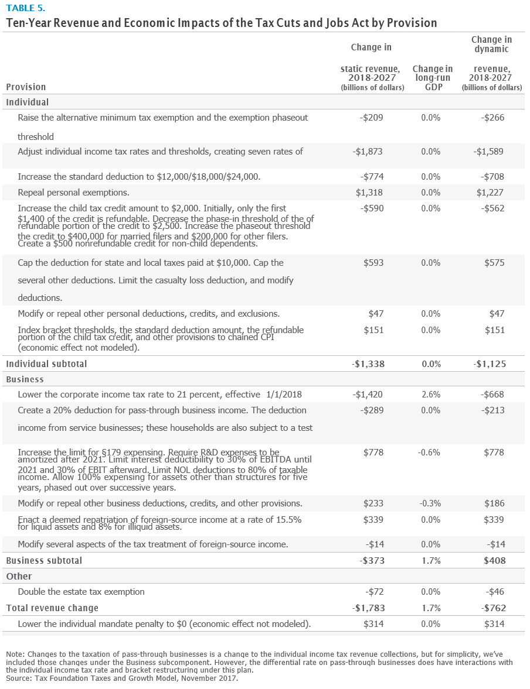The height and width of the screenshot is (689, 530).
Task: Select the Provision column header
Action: pos(26,87)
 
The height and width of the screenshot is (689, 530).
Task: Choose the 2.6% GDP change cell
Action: pos(431,395)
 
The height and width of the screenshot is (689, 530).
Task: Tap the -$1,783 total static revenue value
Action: pos(369,608)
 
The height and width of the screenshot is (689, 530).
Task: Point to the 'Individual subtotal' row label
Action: pos(46,364)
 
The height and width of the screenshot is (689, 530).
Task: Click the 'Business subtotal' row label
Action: pos(44,560)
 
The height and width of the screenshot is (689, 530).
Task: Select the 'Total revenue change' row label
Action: pos(52,608)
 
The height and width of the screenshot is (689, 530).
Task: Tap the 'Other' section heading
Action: pos(19,576)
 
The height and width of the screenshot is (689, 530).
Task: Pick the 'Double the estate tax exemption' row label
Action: pos(81,592)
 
